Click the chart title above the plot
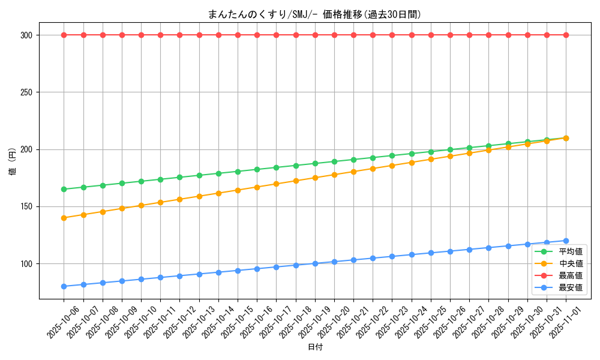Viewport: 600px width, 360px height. (x=315, y=14)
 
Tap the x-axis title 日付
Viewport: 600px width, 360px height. (x=315, y=347)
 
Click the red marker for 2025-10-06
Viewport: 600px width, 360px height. (x=64, y=35)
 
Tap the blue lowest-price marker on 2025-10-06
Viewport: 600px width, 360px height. (x=64, y=286)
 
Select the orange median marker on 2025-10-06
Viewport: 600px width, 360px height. (x=64, y=218)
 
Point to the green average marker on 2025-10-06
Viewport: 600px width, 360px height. (x=64, y=189)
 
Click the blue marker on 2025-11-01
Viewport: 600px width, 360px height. (x=566, y=241)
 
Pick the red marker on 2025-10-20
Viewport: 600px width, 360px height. (x=334, y=35)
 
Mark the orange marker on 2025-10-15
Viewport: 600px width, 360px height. (x=238, y=190)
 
